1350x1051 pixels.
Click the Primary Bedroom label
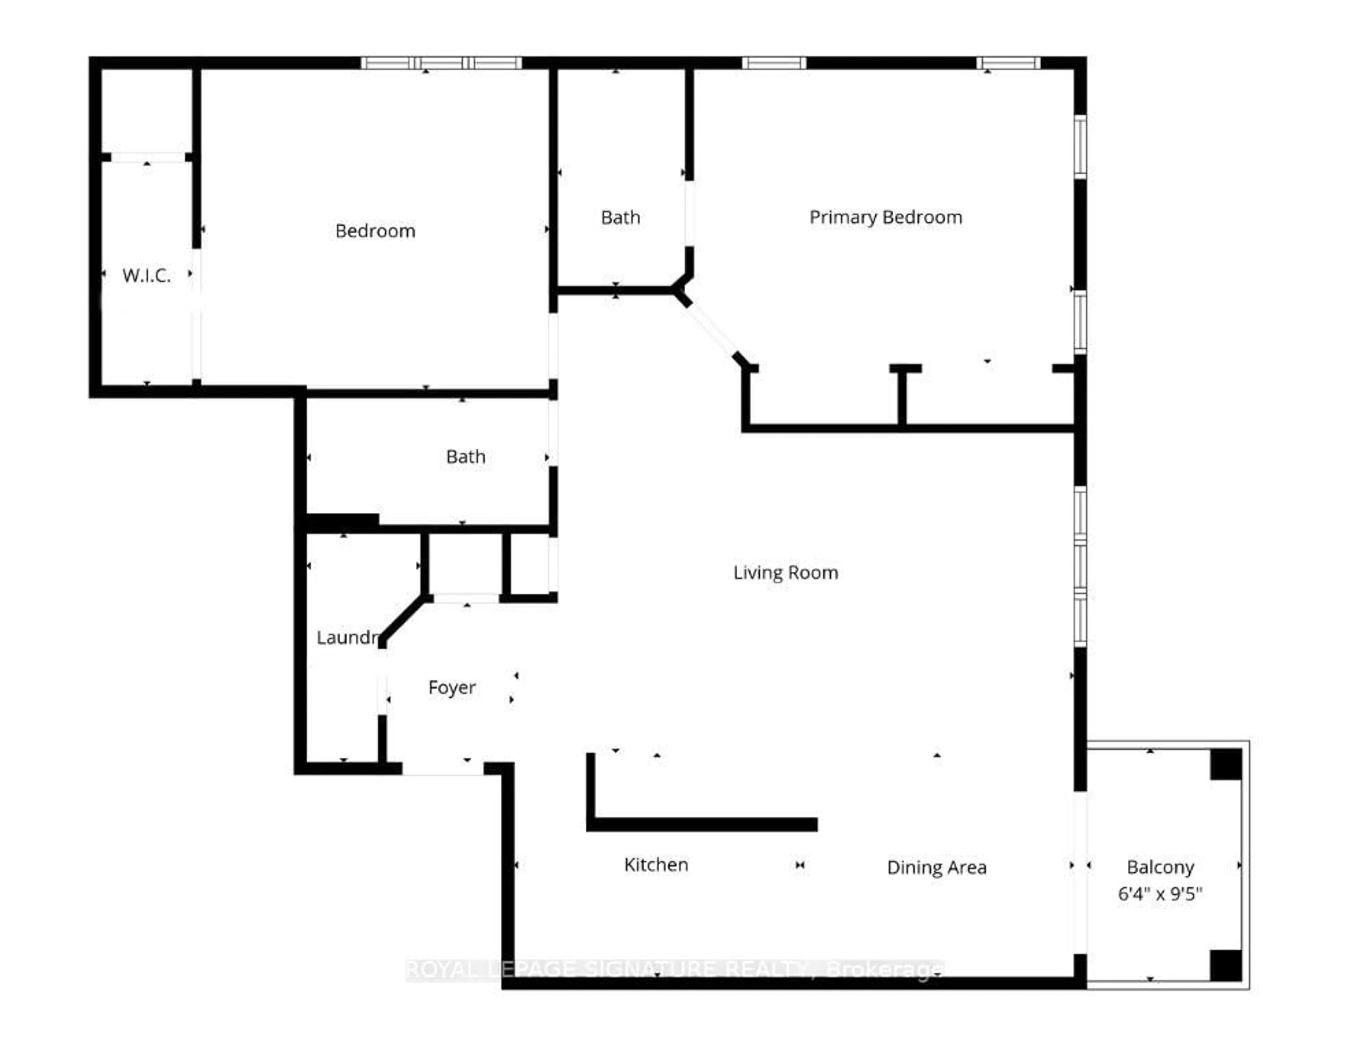click(885, 218)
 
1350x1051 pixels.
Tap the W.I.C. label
click(147, 275)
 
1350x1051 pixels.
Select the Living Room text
click(785, 573)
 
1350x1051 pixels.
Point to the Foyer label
click(452, 688)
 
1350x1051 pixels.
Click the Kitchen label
click(656, 865)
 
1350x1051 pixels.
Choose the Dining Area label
click(937, 868)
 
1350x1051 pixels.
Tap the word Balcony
click(1160, 868)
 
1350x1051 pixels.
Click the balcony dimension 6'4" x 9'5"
click(1160, 894)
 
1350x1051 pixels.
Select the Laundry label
click(347, 638)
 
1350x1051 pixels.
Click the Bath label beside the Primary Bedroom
click(620, 218)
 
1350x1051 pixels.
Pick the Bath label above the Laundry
click(465, 457)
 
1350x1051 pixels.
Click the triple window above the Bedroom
click(441, 63)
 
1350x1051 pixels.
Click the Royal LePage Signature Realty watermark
click(674, 970)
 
